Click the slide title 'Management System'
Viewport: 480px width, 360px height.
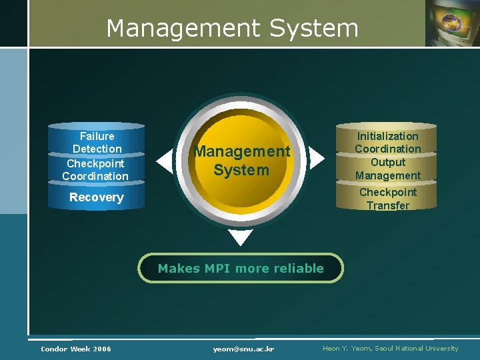232,28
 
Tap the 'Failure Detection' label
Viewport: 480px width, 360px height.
97,142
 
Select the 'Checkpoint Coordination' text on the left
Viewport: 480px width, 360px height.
95,169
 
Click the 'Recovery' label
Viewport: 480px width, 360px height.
97,197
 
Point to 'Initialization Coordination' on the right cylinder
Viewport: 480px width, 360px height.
387,142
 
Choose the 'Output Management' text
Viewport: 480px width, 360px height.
387,169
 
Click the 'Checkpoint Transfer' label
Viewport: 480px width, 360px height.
387,199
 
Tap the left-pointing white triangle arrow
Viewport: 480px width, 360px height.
164,161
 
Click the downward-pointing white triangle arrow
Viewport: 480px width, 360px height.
241,237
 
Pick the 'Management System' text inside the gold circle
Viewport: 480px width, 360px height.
241,161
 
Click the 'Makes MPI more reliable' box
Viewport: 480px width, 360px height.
241,268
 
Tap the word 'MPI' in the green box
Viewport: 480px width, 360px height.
217,268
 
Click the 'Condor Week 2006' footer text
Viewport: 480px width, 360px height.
76,349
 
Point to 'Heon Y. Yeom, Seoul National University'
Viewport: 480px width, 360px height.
391,348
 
